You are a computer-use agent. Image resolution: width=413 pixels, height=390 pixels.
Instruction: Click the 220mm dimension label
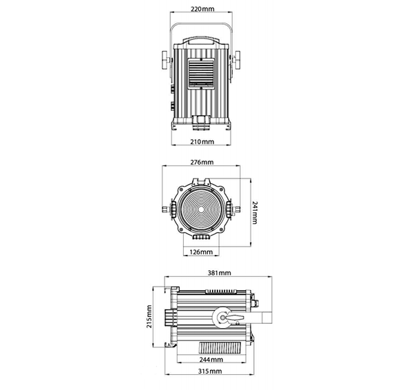tap(202, 9)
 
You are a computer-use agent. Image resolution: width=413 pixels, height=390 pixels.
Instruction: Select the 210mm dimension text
tap(202, 142)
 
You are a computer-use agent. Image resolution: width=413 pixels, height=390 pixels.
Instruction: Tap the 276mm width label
tap(202, 162)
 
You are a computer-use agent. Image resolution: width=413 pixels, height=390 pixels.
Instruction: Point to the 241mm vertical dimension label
tap(255, 212)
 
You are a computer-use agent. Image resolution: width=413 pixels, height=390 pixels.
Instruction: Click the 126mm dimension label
tap(201, 252)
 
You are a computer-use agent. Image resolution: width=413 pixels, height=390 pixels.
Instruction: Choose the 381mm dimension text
tap(219, 273)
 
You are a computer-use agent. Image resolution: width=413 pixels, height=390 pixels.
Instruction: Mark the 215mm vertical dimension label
tap(149, 316)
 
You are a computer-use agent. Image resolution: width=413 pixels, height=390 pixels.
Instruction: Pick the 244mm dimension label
tap(211, 360)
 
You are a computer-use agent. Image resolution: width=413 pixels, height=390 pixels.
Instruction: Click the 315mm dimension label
tap(210, 371)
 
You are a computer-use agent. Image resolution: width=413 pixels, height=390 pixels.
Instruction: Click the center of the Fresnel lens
tap(201, 209)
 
